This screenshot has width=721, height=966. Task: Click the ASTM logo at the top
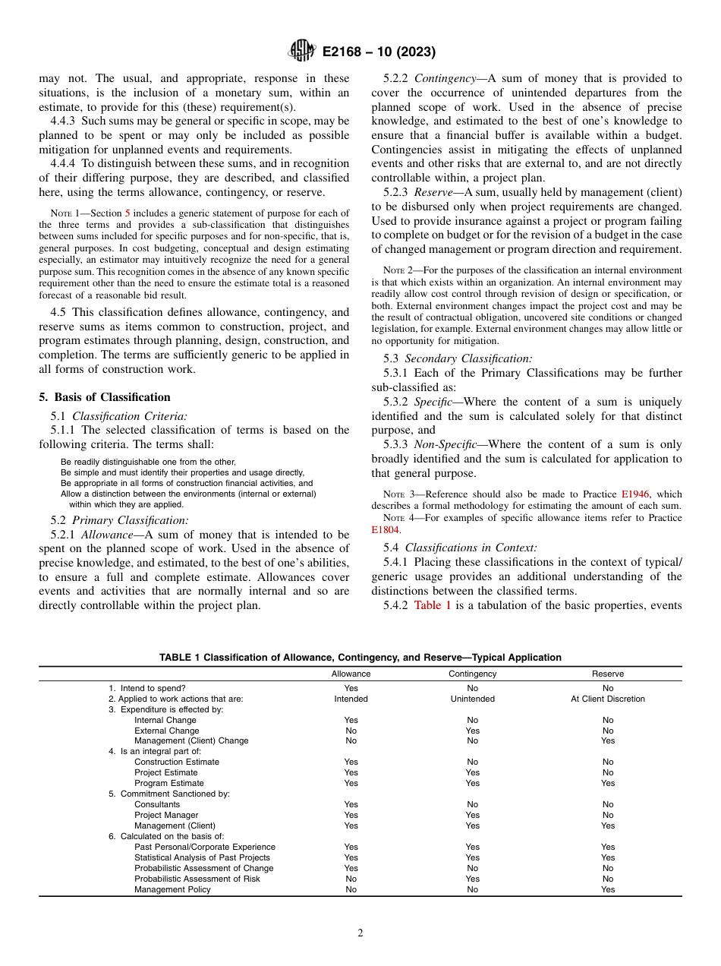[302, 52]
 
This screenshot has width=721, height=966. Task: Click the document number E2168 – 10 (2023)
[379, 52]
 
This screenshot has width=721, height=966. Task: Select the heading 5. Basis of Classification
[105, 397]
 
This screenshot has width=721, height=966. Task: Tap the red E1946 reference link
[636, 494]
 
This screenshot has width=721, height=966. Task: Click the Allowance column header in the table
[351, 674]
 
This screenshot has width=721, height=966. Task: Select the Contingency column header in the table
[472, 674]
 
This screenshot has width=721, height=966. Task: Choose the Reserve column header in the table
[607, 674]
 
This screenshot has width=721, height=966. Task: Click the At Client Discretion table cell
[607, 699]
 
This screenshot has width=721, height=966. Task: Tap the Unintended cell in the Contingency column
[472, 699]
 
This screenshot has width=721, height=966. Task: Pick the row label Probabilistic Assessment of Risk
[197, 879]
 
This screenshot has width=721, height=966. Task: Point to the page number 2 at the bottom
[360, 933]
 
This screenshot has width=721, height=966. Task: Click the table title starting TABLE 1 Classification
[360, 658]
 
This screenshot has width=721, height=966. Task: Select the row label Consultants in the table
[157, 804]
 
